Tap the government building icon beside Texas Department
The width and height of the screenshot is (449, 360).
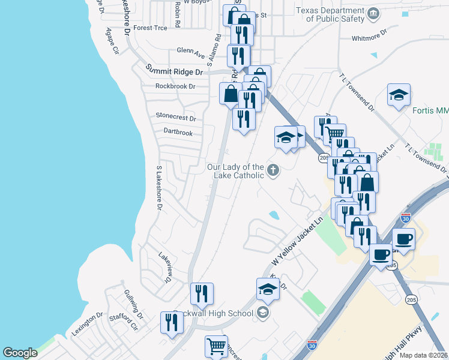click(x=373, y=14)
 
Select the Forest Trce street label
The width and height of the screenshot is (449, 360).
click(x=151, y=28)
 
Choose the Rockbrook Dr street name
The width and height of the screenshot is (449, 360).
click(x=175, y=86)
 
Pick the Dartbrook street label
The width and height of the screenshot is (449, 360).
click(x=178, y=132)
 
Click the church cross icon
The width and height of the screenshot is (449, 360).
click(x=273, y=170)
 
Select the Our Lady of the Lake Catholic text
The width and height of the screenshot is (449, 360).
click(x=235, y=171)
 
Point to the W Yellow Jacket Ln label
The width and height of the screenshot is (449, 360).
click(x=297, y=240)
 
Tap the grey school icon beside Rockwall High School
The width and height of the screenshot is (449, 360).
click(x=262, y=312)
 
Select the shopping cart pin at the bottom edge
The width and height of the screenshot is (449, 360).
click(x=216, y=346)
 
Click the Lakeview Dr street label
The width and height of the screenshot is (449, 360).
click(x=164, y=268)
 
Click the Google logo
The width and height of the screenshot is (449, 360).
click(x=20, y=353)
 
